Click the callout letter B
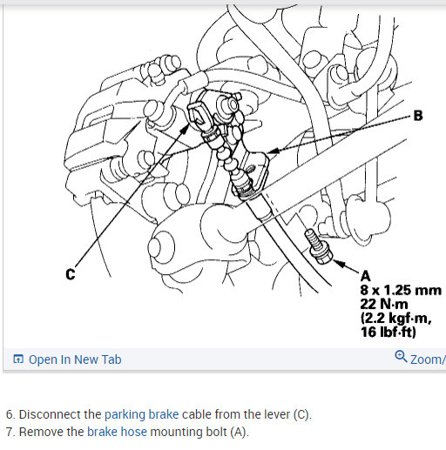click(x=417, y=116)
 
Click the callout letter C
click(x=71, y=274)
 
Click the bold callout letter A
click(x=365, y=276)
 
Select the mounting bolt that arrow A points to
click(x=318, y=247)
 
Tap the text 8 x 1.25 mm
click(x=401, y=290)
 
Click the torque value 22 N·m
click(x=384, y=304)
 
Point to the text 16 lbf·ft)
click(x=389, y=332)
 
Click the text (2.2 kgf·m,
click(x=396, y=319)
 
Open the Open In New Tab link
click(x=75, y=359)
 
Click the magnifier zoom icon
click(x=401, y=357)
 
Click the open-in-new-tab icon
click(x=18, y=359)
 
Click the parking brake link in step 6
click(x=141, y=414)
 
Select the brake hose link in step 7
click(x=117, y=432)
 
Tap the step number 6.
click(x=10, y=414)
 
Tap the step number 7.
click(x=10, y=432)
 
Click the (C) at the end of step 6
click(x=302, y=414)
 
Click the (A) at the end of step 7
click(x=240, y=432)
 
